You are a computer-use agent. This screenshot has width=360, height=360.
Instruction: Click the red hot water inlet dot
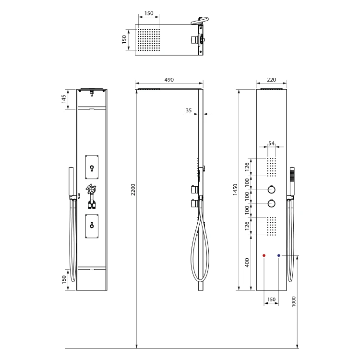pos(264,255)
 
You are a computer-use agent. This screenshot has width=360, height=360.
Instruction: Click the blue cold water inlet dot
pos(279,255)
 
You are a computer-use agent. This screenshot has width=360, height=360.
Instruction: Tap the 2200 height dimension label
pos(133,190)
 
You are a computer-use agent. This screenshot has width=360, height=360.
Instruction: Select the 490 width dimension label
pos(169,80)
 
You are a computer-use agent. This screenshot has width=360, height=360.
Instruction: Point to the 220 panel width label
pos(271,80)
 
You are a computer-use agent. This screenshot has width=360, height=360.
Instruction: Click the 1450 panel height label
pos(235,190)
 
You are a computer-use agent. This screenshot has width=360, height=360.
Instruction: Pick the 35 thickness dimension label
pos(189,110)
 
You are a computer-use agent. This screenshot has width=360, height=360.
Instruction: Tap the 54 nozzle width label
pos(271,143)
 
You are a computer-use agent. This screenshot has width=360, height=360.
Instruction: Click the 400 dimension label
pos(247,263)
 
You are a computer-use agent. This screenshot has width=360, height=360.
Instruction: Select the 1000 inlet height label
pos(294,301)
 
